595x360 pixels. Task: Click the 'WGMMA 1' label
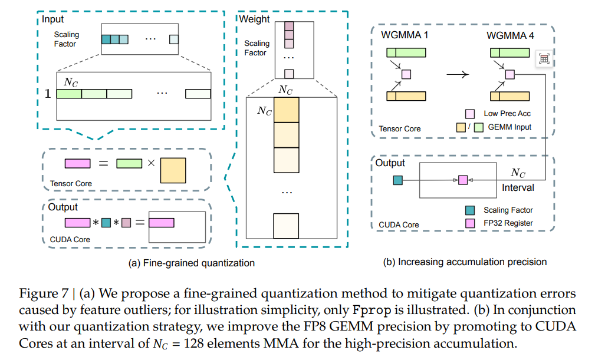pos(405,35)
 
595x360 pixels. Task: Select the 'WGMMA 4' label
pos(511,35)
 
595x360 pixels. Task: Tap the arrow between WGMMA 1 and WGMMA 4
pos(458,75)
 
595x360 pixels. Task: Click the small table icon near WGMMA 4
pos(544,59)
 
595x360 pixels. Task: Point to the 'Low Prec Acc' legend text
pos(507,114)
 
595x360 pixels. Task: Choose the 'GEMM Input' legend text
pos(509,127)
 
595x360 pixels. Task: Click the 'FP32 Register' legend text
pos(508,223)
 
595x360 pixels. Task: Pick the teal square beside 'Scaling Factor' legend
pos(470,210)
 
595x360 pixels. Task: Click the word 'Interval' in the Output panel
pos(518,187)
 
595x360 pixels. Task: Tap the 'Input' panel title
pos(52,19)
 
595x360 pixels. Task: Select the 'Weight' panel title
pos(254,19)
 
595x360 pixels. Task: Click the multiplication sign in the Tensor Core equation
pos(151,163)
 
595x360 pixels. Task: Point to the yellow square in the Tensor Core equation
pos(173,170)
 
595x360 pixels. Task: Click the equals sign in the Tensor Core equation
pos(103,163)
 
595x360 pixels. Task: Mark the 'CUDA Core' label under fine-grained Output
pos(70,239)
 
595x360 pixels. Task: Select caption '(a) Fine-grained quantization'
pos(191,263)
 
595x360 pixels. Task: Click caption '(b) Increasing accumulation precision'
pos(465,262)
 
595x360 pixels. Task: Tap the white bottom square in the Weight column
pos(286,226)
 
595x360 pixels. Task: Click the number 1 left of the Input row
pos(48,94)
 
